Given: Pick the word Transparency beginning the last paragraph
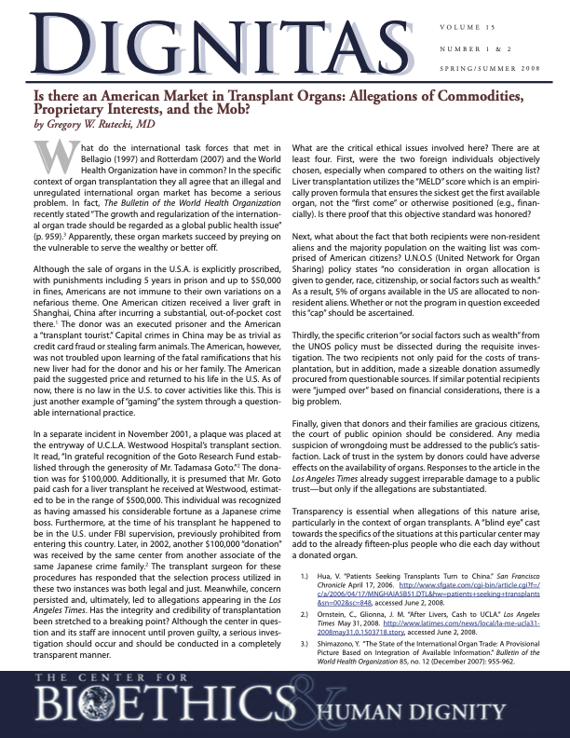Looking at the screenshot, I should click(322, 487).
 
